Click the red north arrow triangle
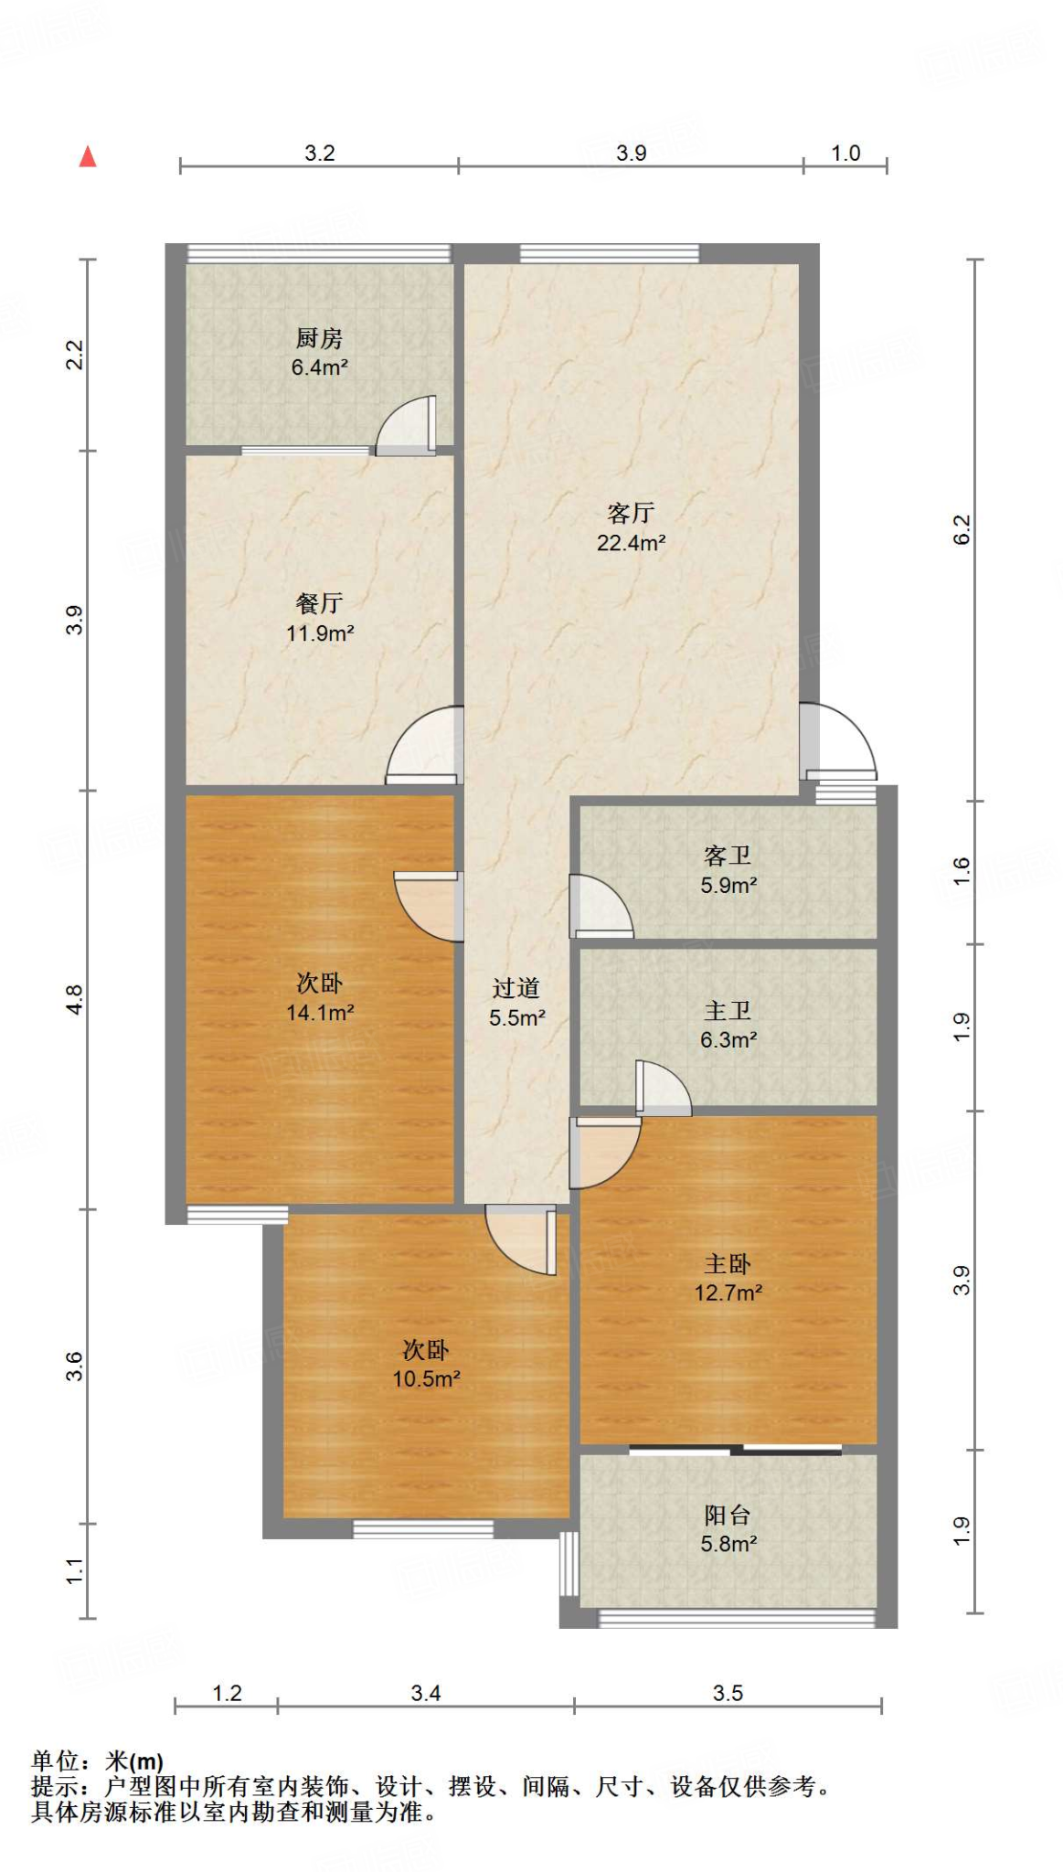(88, 157)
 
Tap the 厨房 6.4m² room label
(319, 353)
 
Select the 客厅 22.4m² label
(631, 527)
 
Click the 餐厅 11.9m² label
(319, 618)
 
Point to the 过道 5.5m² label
(516, 1003)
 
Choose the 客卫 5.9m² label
(728, 870)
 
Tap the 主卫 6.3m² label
(728, 1025)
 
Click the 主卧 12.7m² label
(728, 1278)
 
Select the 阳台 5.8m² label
(728, 1529)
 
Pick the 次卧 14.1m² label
(319, 997)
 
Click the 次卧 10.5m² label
(426, 1365)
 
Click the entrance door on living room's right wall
(836, 742)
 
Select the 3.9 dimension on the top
(631, 153)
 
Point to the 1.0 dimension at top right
(845, 153)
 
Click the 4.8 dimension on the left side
(74, 999)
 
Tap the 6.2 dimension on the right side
(962, 530)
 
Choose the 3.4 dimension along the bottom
(426, 1693)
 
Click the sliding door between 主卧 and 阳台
(736, 1450)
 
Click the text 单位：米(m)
(98, 1760)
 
